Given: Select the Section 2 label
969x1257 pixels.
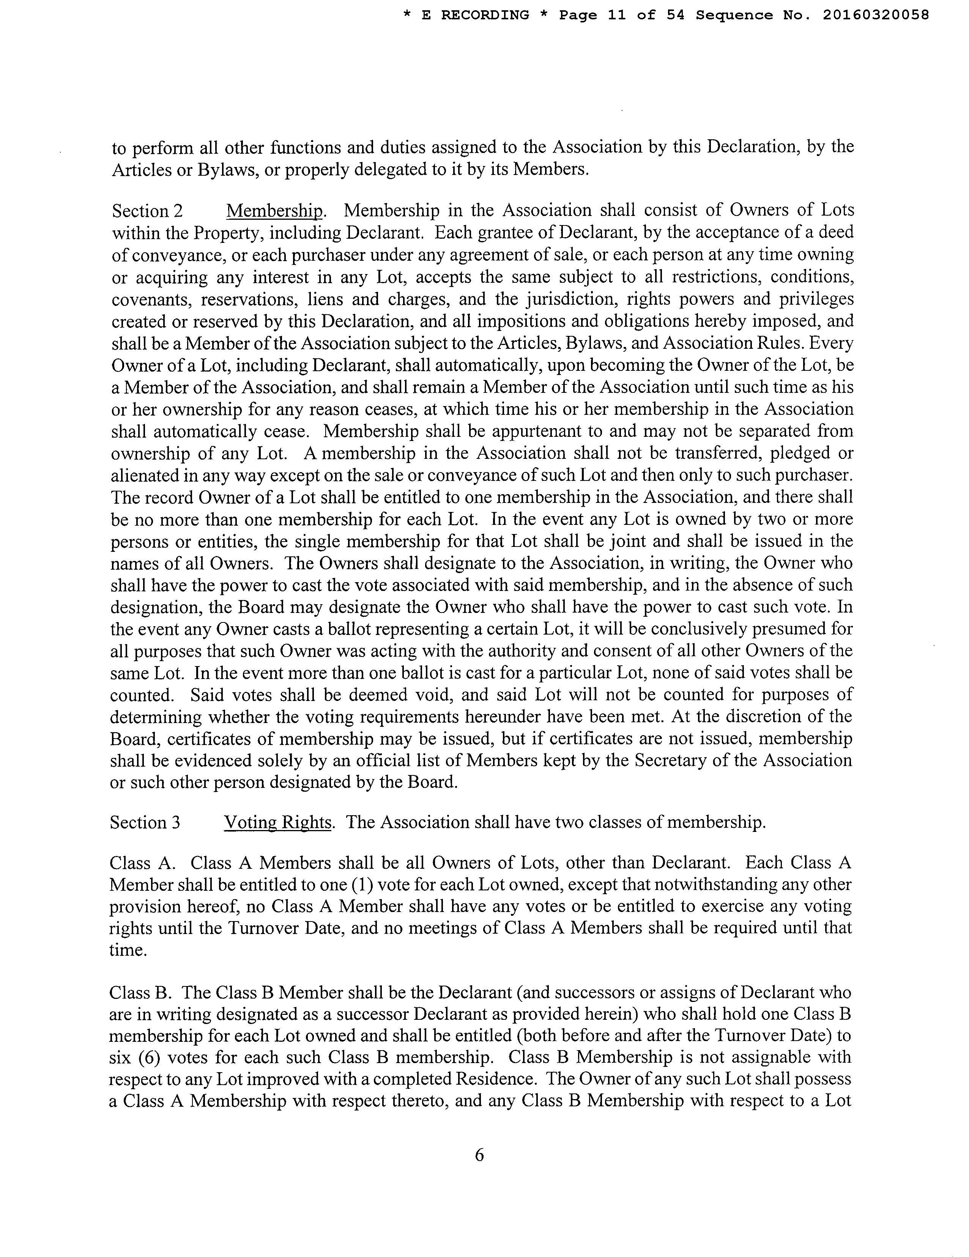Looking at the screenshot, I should tap(147, 211).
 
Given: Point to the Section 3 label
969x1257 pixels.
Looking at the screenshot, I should tap(145, 822).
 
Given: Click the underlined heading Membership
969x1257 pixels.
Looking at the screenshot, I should tap(275, 211).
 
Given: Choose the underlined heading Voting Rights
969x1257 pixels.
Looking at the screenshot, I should tap(278, 822).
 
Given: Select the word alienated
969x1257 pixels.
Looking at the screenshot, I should tap(148, 476).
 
